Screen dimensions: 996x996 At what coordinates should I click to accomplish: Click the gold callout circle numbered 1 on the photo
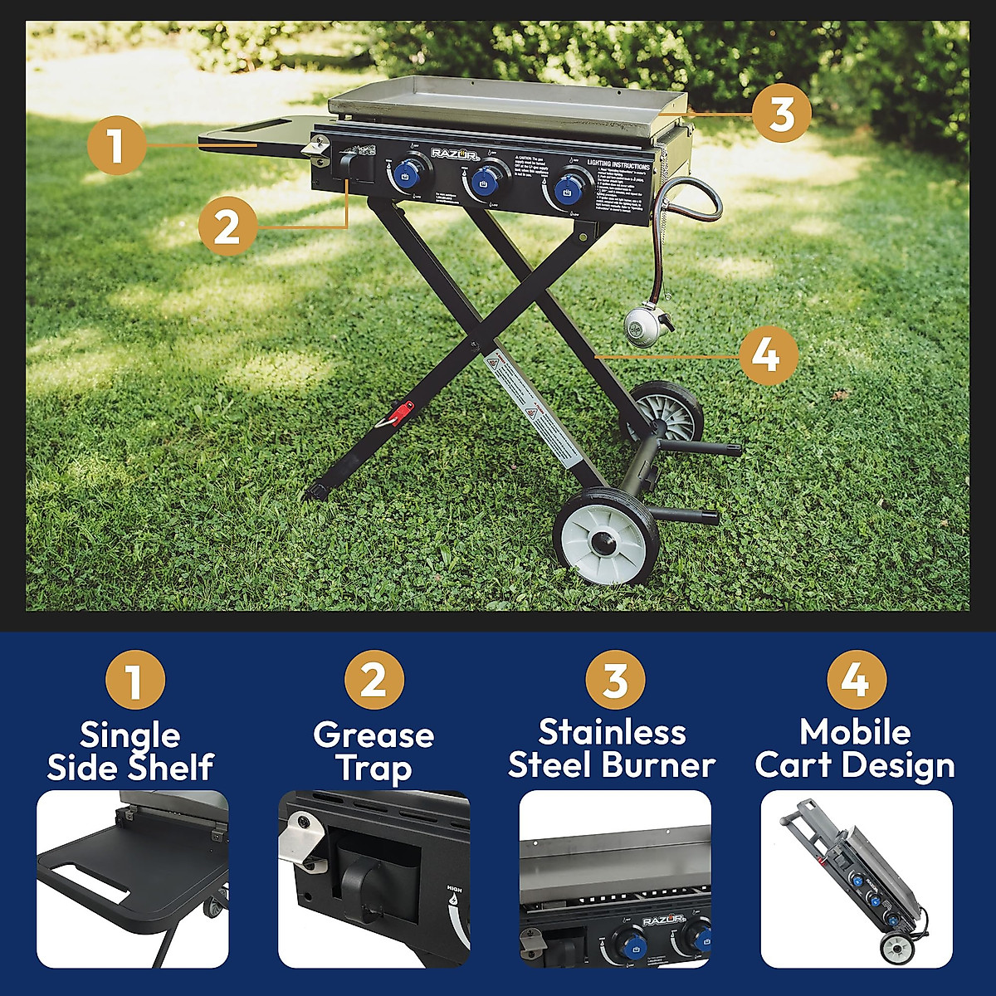point(116,144)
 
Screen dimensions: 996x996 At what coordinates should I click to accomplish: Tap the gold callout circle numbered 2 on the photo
point(227,226)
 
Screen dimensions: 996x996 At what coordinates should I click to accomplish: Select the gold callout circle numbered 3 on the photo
point(782,113)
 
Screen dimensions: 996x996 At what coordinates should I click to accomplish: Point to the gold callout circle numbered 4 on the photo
point(769,355)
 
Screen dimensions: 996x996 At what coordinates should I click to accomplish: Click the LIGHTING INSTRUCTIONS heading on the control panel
point(618,165)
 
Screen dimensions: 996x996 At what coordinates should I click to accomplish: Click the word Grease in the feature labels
point(373,735)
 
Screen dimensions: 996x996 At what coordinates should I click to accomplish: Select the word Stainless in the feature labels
point(612,732)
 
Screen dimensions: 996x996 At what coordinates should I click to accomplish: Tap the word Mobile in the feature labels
point(855,732)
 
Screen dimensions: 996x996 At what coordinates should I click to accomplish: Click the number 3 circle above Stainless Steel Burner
point(615,681)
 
